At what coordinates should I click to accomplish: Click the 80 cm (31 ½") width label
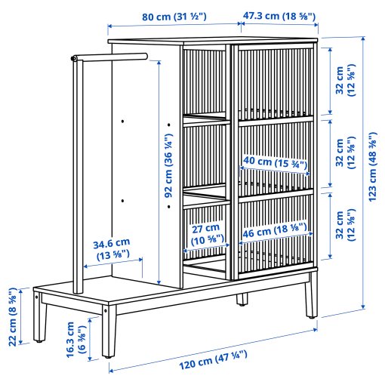pyautogui.click(x=174, y=15)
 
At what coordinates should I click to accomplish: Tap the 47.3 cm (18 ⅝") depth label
pyautogui.click(x=279, y=15)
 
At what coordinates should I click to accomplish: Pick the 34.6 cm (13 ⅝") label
pyautogui.click(x=111, y=249)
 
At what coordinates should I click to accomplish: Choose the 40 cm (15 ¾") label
pyautogui.click(x=273, y=162)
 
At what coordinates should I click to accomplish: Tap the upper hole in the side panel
pyautogui.click(x=122, y=121)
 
